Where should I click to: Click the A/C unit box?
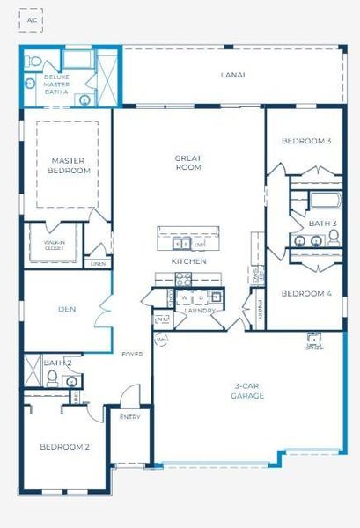click(33, 18)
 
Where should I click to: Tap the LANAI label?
click(232, 75)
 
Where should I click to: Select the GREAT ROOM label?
click(188, 162)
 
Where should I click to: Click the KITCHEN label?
click(188, 261)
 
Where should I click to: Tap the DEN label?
click(67, 309)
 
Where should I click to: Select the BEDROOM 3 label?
click(305, 141)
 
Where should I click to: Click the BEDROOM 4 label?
click(305, 294)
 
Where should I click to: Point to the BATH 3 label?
click(322, 224)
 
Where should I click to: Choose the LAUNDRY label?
click(201, 311)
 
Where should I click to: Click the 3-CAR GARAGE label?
click(250, 391)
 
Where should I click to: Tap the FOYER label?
click(132, 354)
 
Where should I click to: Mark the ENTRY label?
click(129, 417)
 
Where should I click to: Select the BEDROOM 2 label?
click(65, 447)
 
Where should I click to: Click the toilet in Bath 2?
click(53, 379)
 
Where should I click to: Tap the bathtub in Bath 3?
click(324, 200)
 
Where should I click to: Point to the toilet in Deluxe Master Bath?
click(33, 62)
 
